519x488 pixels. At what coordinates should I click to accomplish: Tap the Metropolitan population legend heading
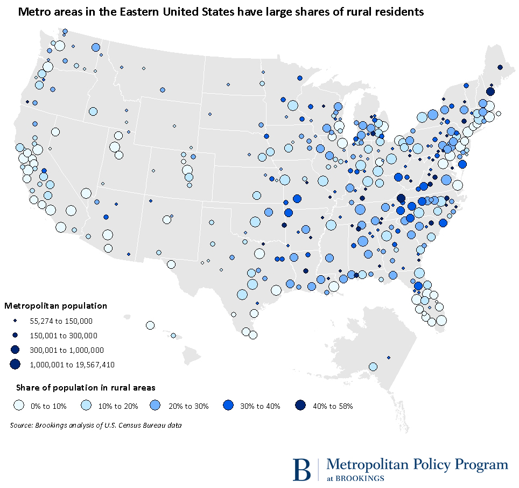pos(56,306)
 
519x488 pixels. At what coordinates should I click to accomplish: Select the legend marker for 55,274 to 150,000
pos(15,321)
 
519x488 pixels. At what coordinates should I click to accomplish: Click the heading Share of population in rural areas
pos(86,387)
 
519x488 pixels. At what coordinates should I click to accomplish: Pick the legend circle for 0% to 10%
pos(20,405)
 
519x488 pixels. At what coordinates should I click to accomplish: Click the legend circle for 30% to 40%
pos(230,405)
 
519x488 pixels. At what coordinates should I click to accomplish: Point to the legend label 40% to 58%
pos(332,406)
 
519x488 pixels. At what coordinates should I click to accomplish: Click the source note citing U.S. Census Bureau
pos(95,426)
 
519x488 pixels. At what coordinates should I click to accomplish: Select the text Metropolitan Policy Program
pos(417,464)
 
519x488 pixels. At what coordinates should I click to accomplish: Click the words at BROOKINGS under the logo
pos(355,478)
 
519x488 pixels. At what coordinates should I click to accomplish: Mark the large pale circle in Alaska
pos(373,366)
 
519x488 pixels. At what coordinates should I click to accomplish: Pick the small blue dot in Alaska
pos(389,357)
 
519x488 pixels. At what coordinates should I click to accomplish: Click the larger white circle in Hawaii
pos(150,325)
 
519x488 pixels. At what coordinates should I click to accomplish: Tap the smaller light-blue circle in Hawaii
pos(173,336)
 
